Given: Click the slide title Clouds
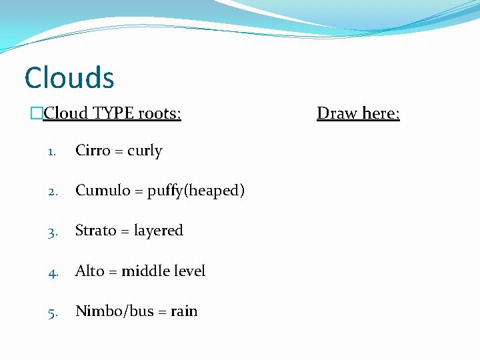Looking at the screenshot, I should (x=69, y=78).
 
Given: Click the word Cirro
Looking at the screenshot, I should (x=93, y=151).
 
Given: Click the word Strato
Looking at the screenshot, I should (x=95, y=231).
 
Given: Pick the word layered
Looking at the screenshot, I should (x=158, y=231).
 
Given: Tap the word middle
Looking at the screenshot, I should (x=146, y=271).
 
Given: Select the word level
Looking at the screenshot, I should (x=190, y=271).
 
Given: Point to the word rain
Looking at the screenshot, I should (x=184, y=311).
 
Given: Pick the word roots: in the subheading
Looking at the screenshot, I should (x=159, y=113).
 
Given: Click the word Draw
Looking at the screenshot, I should (x=336, y=113).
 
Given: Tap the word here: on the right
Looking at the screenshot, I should (x=379, y=113).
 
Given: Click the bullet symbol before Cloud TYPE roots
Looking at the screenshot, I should (x=37, y=114).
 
